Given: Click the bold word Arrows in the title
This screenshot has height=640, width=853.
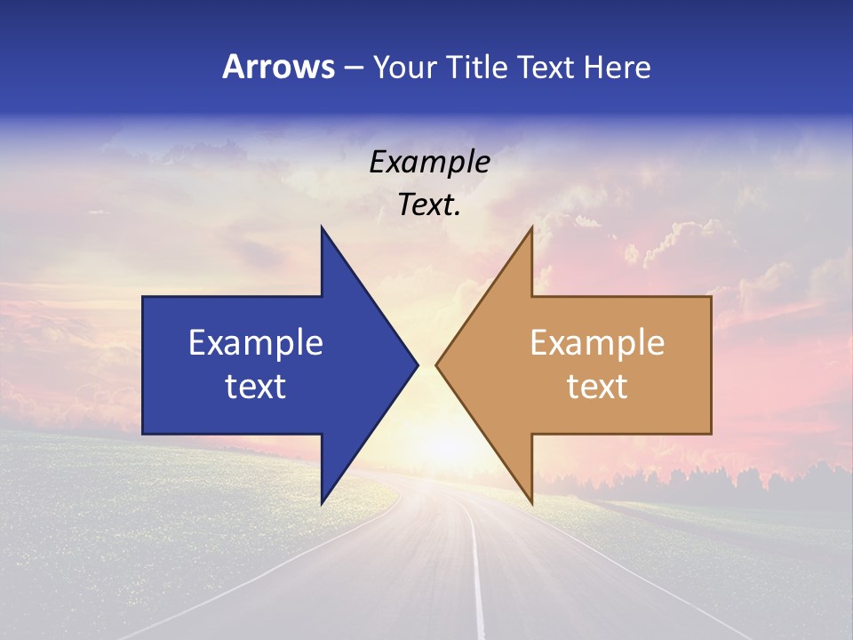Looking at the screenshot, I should click(x=278, y=67).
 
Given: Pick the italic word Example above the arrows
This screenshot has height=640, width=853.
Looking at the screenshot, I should click(x=429, y=163).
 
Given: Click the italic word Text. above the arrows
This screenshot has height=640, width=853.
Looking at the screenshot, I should click(x=429, y=205).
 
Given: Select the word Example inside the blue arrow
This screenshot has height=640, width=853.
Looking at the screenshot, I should click(x=256, y=343).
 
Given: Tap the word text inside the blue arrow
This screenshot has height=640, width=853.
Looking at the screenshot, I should click(x=256, y=387).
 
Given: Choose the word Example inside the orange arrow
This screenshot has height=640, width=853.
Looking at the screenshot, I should click(x=597, y=343).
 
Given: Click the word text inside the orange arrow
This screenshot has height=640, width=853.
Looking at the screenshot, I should click(x=597, y=387).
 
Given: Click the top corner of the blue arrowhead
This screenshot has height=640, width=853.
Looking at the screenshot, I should click(x=323, y=228).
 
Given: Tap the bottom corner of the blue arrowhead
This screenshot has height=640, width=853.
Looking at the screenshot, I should click(x=323, y=502).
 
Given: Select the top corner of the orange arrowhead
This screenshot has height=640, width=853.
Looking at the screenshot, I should click(x=531, y=228).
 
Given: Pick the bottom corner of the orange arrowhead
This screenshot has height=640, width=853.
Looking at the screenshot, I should click(x=531, y=502).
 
